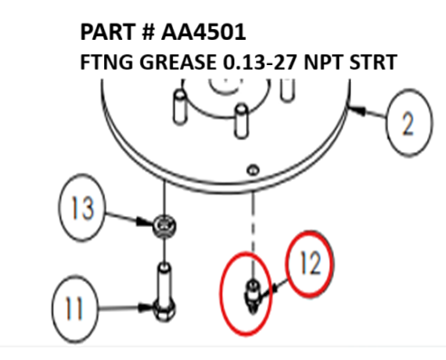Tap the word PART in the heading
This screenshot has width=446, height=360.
pos(107,33)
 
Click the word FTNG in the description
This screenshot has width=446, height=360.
pos(106,64)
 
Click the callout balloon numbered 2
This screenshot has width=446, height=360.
pos(410,124)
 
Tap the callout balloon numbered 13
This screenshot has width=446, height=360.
pos(84,209)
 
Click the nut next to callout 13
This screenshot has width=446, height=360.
pos(165,225)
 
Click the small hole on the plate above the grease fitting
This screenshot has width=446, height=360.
pos(252,168)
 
